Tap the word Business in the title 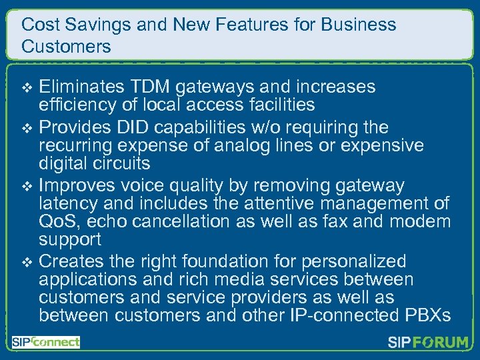pyautogui.click(x=358, y=25)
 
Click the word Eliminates pyautogui.click(x=81, y=87)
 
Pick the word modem pyautogui.click(x=421, y=221)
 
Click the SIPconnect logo pyautogui.click(x=46, y=343)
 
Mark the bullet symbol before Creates pyautogui.click(x=27, y=262)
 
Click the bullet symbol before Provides pyautogui.click(x=27, y=127)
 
